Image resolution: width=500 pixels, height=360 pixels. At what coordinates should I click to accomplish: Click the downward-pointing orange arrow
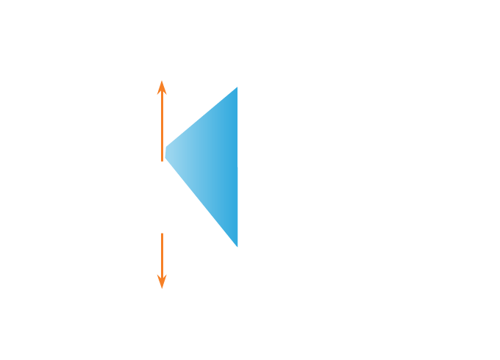point(162,261)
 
